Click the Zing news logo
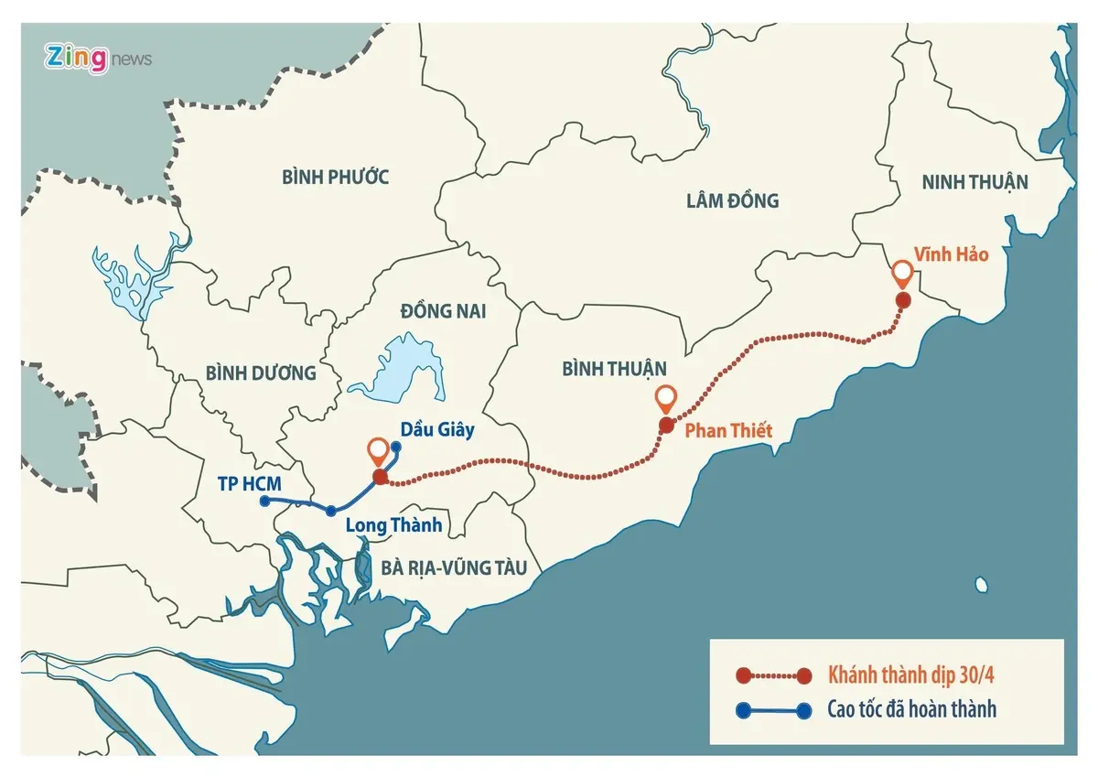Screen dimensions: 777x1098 pyautogui.click(x=98, y=59)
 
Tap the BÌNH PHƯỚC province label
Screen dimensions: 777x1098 pyautogui.click(x=336, y=177)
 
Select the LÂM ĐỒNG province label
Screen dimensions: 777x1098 pyautogui.click(x=732, y=200)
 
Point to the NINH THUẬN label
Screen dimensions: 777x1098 pyautogui.click(x=975, y=182)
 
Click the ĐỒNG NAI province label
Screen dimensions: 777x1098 pyautogui.click(x=443, y=311)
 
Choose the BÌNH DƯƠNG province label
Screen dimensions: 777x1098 pyautogui.click(x=261, y=372)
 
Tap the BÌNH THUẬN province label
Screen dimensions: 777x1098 pyautogui.click(x=614, y=368)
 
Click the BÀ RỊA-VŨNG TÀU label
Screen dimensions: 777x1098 pyautogui.click(x=454, y=568)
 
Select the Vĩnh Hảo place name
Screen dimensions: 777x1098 pyautogui.click(x=952, y=255)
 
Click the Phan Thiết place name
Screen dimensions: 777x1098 pyautogui.click(x=728, y=430)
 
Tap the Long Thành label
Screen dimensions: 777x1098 pyautogui.click(x=393, y=525)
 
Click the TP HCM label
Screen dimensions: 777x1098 pyautogui.click(x=250, y=482)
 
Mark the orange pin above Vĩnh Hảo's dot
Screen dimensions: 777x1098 pyautogui.click(x=902, y=273)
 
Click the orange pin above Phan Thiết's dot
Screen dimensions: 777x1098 pyautogui.click(x=666, y=399)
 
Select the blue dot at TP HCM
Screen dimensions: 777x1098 pyautogui.click(x=264, y=501)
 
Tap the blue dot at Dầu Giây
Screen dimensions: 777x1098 pyautogui.click(x=396, y=447)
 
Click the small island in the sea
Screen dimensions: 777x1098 pyautogui.click(x=981, y=584)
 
